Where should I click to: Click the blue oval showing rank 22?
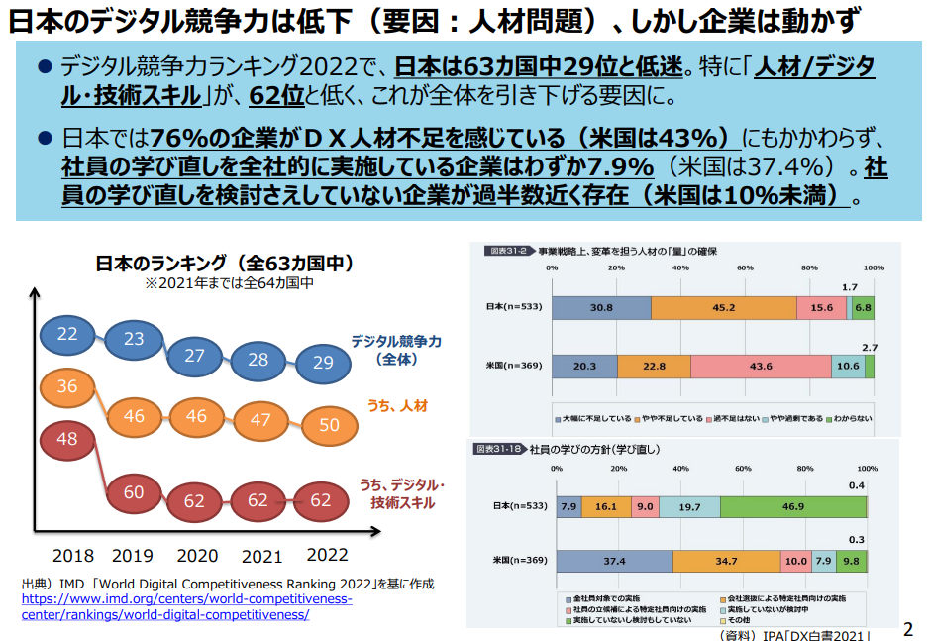(67, 334)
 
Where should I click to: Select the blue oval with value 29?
(323, 363)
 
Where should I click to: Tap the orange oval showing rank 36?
(67, 386)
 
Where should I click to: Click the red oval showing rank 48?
(67, 439)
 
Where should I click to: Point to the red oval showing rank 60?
(134, 492)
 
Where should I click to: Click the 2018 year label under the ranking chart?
(73, 556)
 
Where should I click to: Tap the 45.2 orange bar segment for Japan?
(723, 307)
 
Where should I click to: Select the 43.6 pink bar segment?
(761, 366)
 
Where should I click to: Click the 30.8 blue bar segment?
(601, 307)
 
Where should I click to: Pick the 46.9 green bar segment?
(792, 506)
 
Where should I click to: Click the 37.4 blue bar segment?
(614, 561)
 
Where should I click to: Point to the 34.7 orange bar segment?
(726, 561)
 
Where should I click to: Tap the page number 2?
(908, 628)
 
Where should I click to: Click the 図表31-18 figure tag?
(497, 450)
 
